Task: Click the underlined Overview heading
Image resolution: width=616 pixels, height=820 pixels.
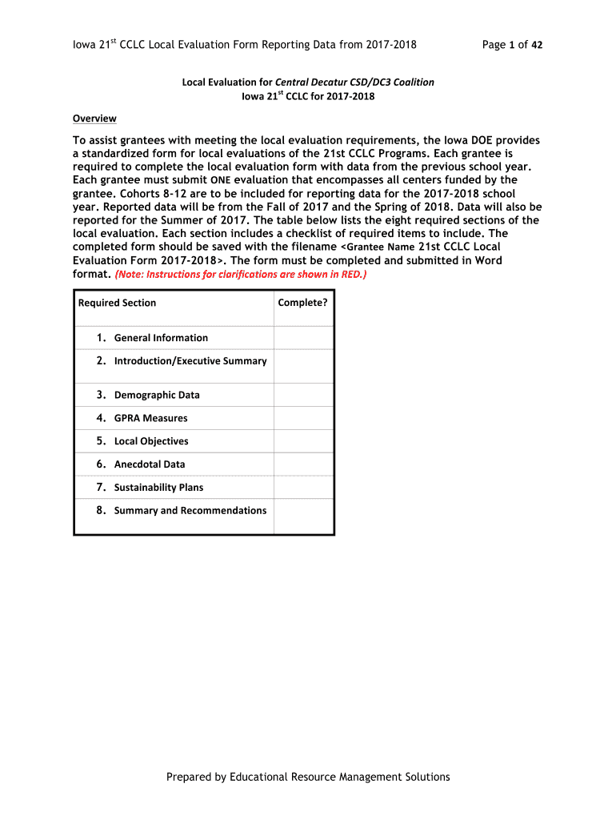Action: (x=94, y=119)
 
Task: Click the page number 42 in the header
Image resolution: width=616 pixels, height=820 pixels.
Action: (x=536, y=45)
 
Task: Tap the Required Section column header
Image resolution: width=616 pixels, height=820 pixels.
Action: (x=117, y=303)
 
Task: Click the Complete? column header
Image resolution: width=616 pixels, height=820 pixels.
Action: (x=302, y=303)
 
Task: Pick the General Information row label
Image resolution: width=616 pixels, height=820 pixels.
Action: (x=161, y=338)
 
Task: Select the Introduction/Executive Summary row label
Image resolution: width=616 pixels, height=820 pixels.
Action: (x=190, y=361)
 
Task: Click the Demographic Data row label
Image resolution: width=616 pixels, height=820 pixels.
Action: (x=157, y=395)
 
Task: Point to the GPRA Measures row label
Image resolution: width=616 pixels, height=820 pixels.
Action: (x=150, y=418)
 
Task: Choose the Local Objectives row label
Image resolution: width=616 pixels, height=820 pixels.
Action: (x=151, y=441)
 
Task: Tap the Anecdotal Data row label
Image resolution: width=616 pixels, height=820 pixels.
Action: (x=150, y=464)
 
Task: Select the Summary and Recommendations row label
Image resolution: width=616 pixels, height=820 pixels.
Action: (x=190, y=511)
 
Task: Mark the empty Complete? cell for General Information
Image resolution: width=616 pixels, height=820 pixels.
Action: (x=303, y=338)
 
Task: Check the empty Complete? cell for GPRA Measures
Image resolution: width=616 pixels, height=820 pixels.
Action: (x=303, y=418)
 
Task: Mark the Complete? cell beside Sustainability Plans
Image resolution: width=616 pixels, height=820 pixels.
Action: (x=303, y=488)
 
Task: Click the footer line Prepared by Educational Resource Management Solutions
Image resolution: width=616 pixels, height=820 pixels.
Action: (x=308, y=777)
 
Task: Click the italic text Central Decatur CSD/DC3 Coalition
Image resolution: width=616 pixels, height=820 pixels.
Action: (x=354, y=82)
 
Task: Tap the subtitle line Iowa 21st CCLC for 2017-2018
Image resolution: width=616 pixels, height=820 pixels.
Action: (x=308, y=96)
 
